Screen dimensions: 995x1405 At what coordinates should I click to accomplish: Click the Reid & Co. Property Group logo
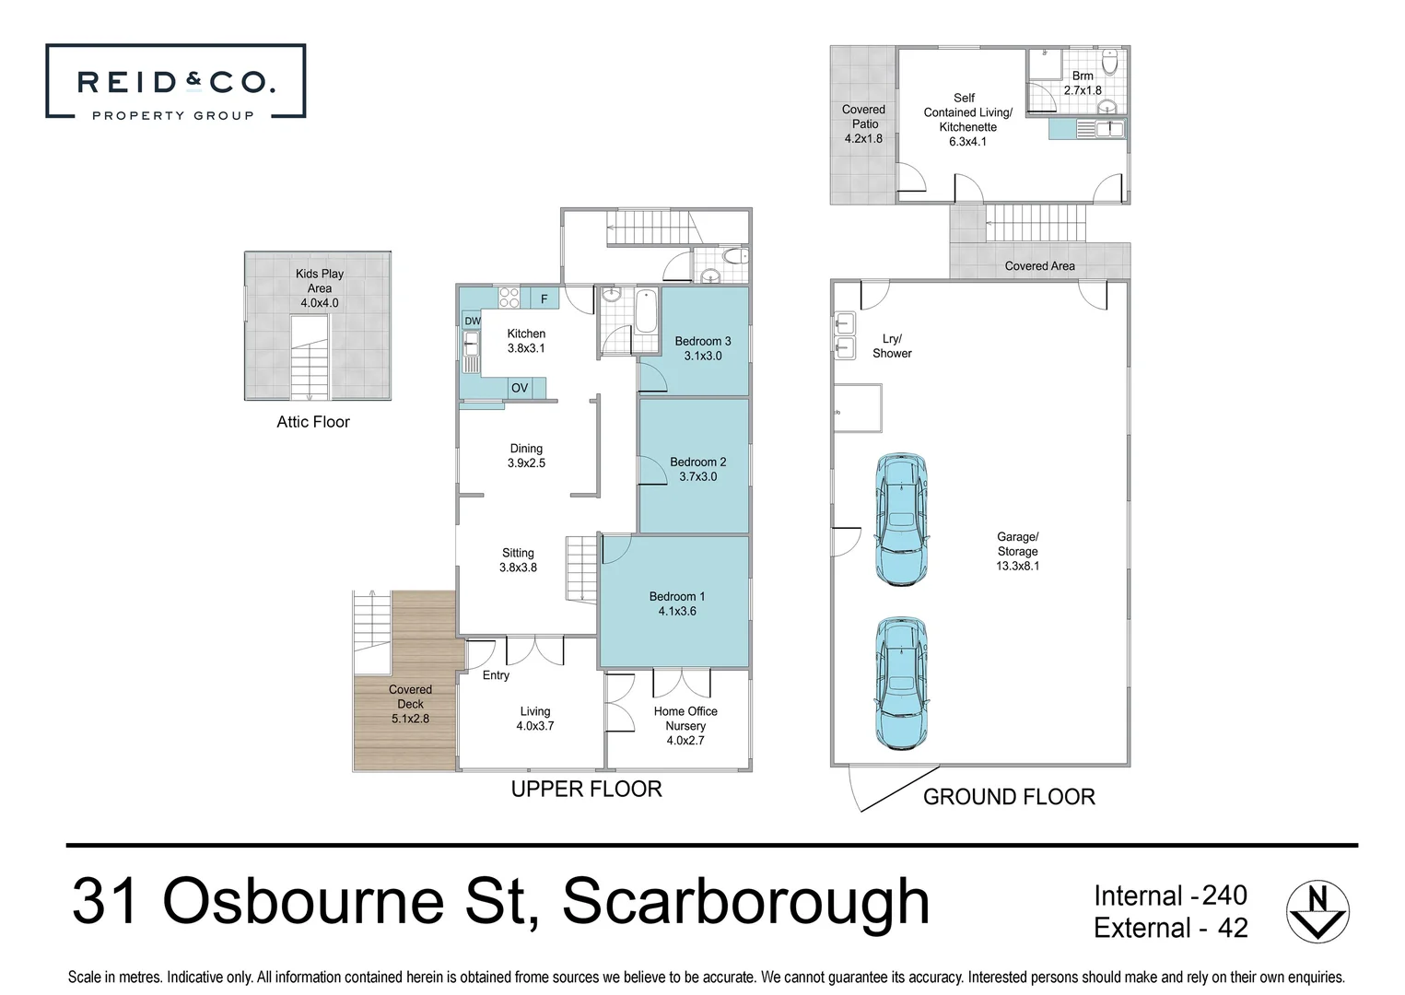175,82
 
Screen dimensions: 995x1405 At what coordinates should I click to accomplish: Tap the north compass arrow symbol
1317,912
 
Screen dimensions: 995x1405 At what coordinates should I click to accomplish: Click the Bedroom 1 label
677,603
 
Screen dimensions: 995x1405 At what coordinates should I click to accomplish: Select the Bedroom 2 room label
697,469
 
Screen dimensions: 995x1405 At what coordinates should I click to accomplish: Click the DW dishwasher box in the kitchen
472,321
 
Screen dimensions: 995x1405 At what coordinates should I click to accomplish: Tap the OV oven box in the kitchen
520,388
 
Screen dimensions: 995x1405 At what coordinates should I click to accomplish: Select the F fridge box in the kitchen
544,298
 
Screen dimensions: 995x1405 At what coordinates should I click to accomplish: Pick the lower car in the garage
900,681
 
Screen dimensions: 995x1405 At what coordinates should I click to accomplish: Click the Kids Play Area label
319,287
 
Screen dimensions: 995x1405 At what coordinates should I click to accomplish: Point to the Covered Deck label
410,704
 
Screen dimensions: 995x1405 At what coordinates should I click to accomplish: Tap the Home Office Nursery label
685,725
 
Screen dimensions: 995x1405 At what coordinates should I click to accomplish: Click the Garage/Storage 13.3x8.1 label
1017,551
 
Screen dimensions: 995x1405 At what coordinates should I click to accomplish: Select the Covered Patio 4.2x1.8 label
863,123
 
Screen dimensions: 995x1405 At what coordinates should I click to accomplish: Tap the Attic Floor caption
313,422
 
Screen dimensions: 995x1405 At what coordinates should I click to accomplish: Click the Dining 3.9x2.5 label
526,456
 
